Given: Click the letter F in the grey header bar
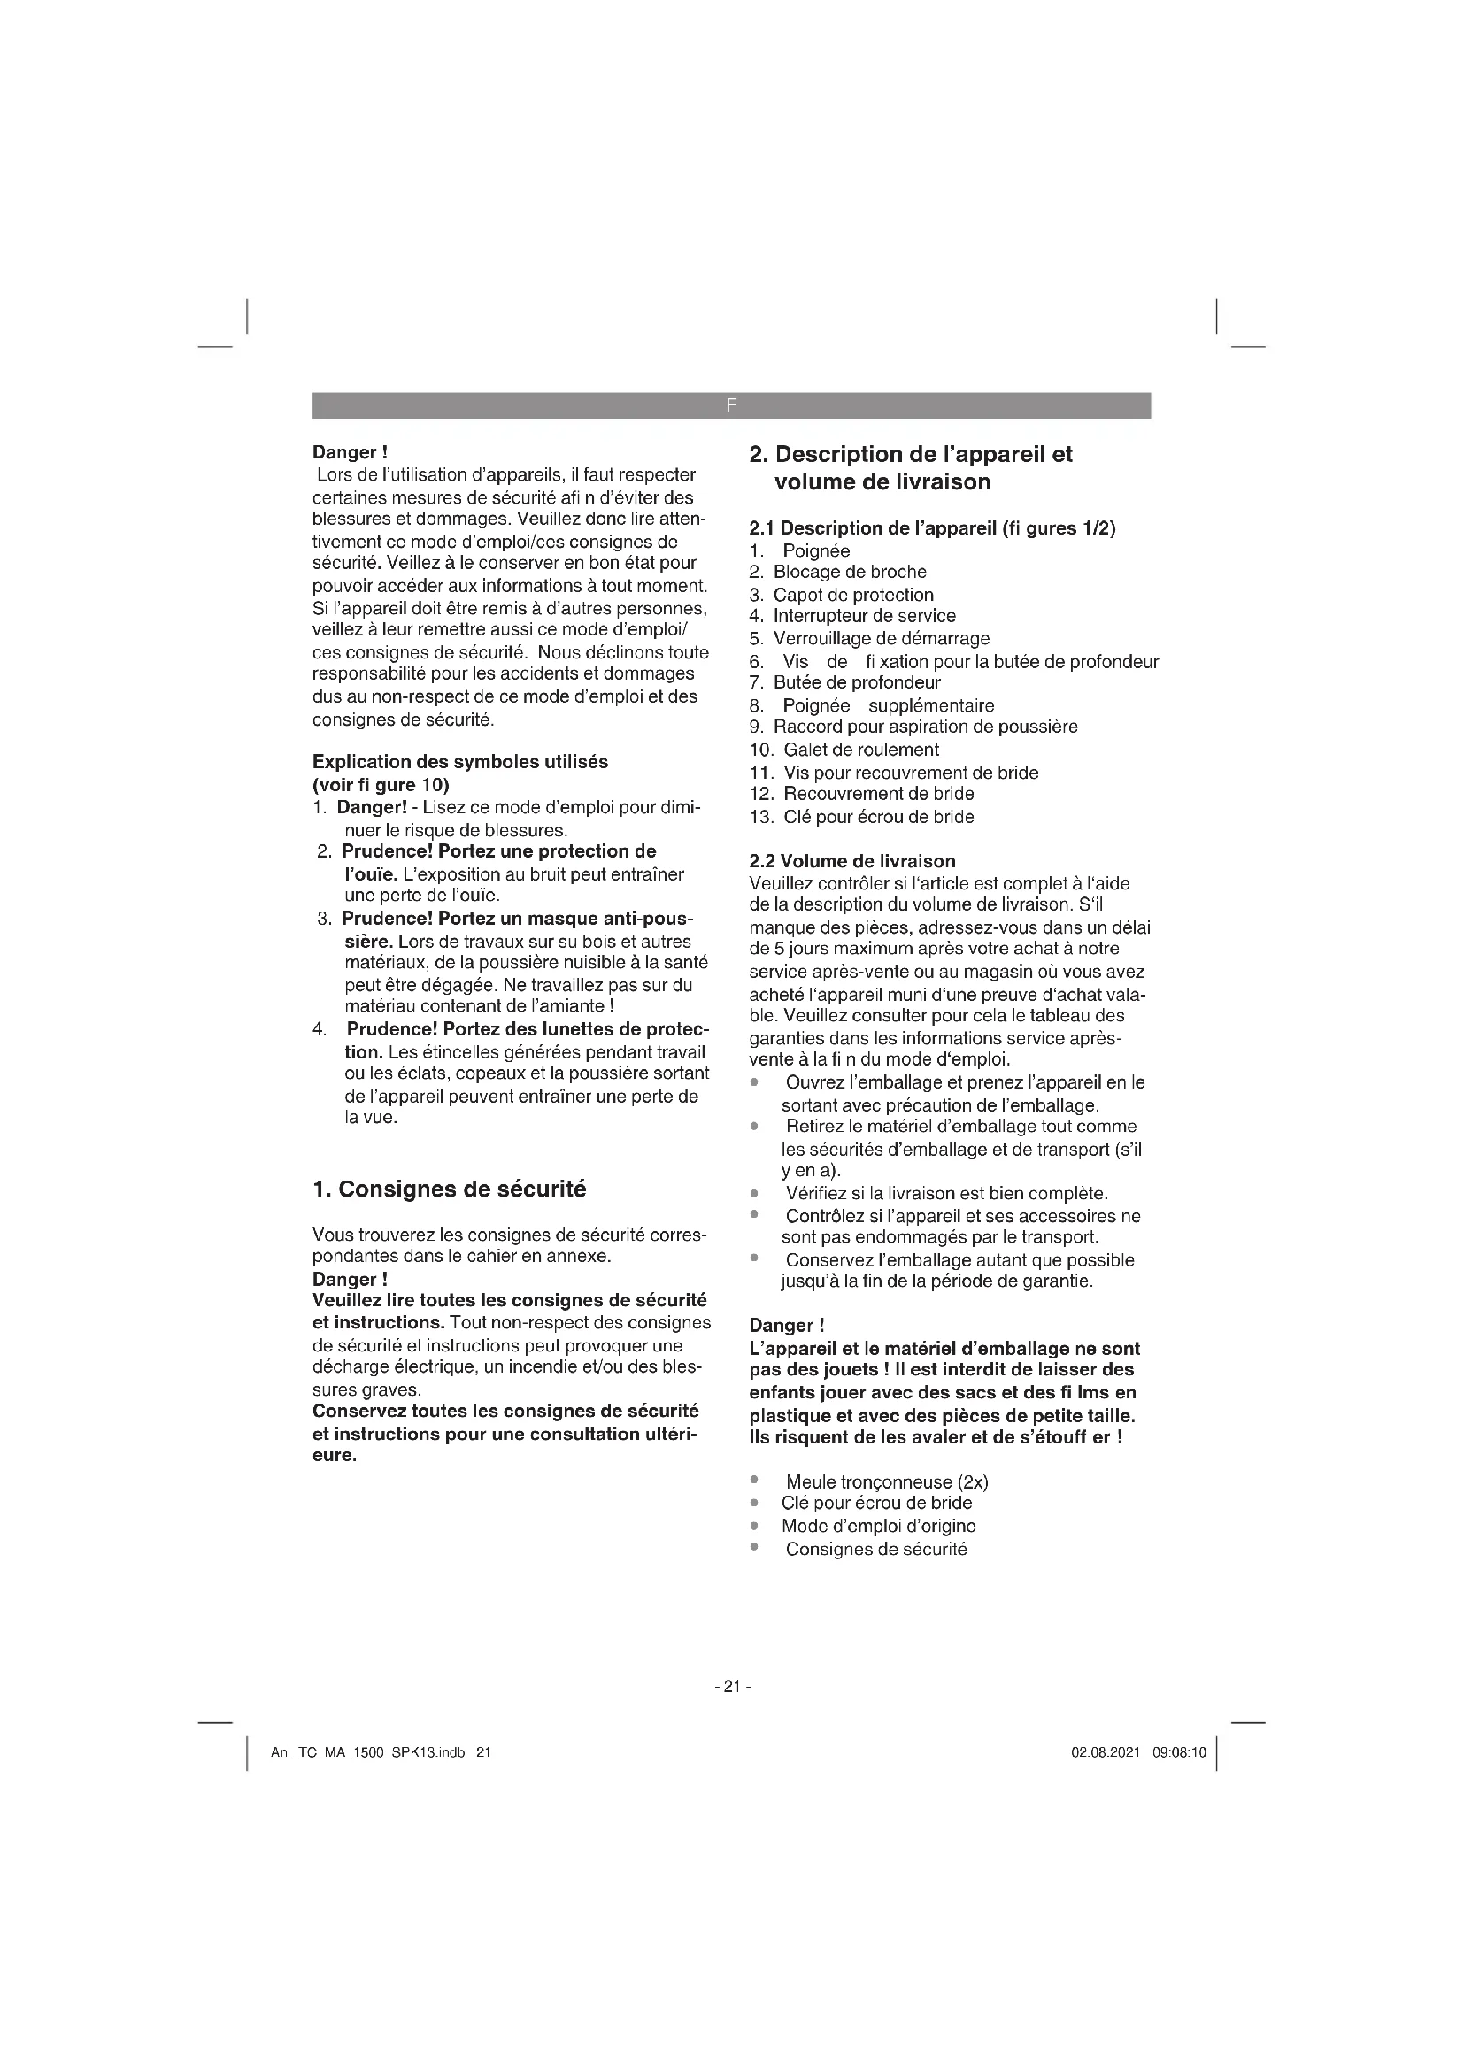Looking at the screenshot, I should (x=731, y=405).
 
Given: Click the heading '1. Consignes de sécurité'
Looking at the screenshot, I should (x=449, y=1189).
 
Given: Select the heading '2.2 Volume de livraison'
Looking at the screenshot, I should (x=851, y=861).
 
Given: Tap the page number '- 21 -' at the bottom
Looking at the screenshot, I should (x=732, y=1686).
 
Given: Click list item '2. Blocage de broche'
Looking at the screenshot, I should (x=837, y=572).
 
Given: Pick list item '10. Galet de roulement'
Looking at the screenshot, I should (x=844, y=750).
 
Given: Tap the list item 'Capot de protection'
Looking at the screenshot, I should (x=852, y=595).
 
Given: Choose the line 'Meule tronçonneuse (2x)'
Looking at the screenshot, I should (x=887, y=1482).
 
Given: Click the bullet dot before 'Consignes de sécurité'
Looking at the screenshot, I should (x=754, y=1547).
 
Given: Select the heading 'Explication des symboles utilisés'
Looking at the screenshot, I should (x=459, y=762).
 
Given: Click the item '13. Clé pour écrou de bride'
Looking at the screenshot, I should (x=862, y=817).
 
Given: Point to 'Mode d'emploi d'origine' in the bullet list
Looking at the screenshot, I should (x=878, y=1526).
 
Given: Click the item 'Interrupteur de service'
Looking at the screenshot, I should (x=865, y=616).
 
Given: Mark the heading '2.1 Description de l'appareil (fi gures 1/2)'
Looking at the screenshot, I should (x=932, y=528).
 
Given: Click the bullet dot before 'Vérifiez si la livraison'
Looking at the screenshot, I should (x=754, y=1193).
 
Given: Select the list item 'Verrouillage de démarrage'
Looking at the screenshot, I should (x=881, y=638).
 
